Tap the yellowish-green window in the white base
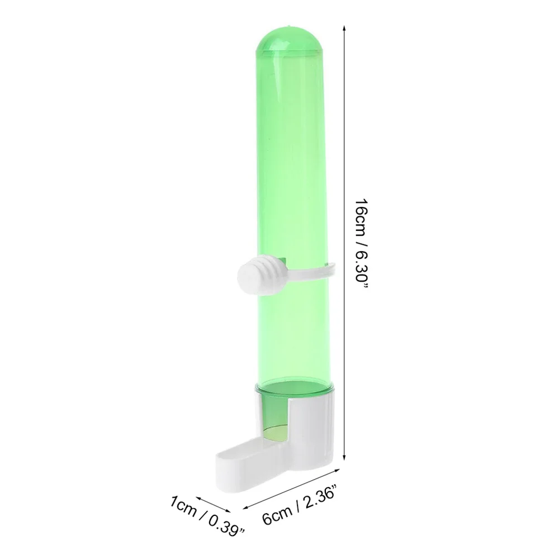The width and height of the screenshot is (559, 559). (x=275, y=433)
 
